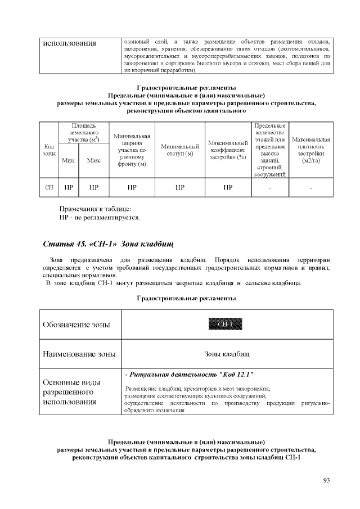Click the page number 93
(x=326, y=480)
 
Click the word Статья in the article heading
(x=57, y=244)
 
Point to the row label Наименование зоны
(x=79, y=354)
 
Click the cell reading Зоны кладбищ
(x=227, y=354)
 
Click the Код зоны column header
(x=49, y=150)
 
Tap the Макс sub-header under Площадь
(x=93, y=160)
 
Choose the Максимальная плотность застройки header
(x=311, y=150)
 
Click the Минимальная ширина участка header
(x=132, y=150)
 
